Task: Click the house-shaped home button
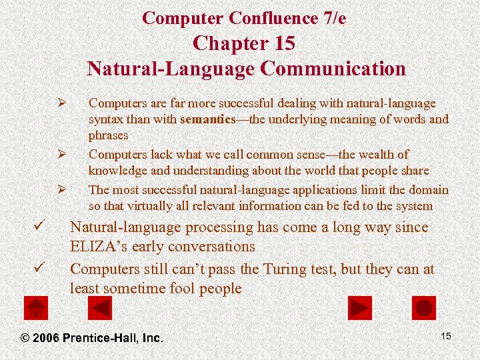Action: (x=35, y=308)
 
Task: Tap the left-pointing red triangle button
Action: (x=100, y=308)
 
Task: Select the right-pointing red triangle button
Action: (x=360, y=308)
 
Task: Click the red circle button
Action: (x=424, y=308)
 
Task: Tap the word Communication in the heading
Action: (x=333, y=69)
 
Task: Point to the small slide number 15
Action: (x=446, y=336)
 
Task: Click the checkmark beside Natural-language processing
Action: (x=39, y=228)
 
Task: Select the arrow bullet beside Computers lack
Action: (x=60, y=155)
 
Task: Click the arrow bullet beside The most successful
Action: (x=60, y=190)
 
